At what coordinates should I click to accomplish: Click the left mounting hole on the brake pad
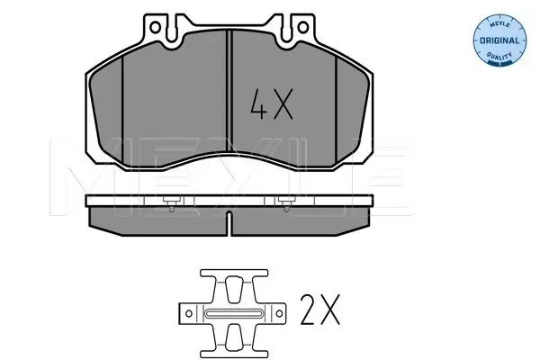coord(155,27)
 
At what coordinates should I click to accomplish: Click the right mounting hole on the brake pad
coord(303,27)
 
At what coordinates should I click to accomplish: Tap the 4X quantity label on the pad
coord(272,104)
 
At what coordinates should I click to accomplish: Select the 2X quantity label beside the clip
coord(319,310)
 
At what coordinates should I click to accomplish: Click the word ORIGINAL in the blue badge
coord(499,40)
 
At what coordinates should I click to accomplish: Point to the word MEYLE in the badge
coord(499,24)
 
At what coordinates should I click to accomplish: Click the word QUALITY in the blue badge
coord(499,55)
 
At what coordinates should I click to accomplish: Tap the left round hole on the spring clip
coord(189,313)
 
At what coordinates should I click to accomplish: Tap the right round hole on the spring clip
coord(279,313)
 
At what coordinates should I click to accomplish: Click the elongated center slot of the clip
coord(234,313)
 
